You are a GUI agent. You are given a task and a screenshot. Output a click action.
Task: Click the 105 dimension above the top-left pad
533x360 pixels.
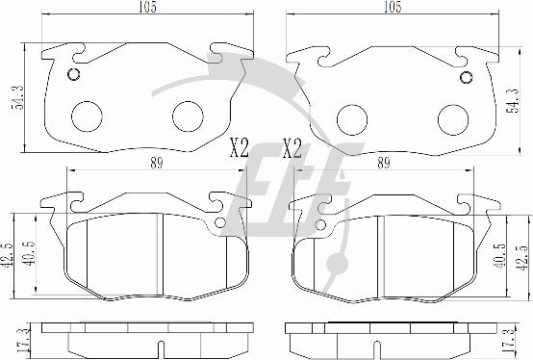click(x=147, y=7)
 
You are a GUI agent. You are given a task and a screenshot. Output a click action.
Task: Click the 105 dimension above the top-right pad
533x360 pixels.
click(x=393, y=7)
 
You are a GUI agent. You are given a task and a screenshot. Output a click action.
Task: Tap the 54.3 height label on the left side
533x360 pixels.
click(x=17, y=97)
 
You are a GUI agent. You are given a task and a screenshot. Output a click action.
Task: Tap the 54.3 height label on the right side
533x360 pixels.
click(x=512, y=101)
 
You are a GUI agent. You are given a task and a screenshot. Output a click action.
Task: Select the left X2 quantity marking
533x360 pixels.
click(x=240, y=148)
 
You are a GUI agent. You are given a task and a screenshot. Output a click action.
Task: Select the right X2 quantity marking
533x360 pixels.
click(x=292, y=148)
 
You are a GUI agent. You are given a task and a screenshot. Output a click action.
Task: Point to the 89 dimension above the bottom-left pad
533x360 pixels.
click(x=157, y=164)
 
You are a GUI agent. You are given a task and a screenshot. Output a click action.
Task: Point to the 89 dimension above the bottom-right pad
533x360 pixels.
click(x=384, y=164)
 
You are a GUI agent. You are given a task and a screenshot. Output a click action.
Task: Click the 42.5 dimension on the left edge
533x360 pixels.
click(x=7, y=253)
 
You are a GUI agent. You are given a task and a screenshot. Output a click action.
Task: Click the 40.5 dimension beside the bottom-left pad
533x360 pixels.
click(x=29, y=253)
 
